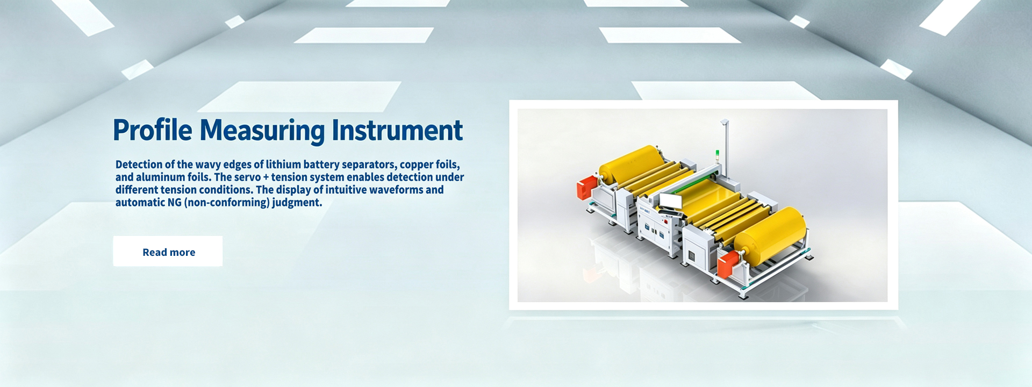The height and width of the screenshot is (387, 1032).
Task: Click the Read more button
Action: pyautogui.click(x=168, y=251)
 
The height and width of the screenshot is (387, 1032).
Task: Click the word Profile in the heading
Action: pyautogui.click(x=153, y=131)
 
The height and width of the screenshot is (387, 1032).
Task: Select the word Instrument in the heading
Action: pyautogui.click(x=397, y=131)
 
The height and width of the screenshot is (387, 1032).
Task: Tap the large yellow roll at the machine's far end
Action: pyautogui.click(x=632, y=165)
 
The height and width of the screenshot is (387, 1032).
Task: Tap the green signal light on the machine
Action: pyautogui.click(x=717, y=153)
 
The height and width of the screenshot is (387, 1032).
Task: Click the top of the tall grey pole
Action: pyautogui.click(x=725, y=122)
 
